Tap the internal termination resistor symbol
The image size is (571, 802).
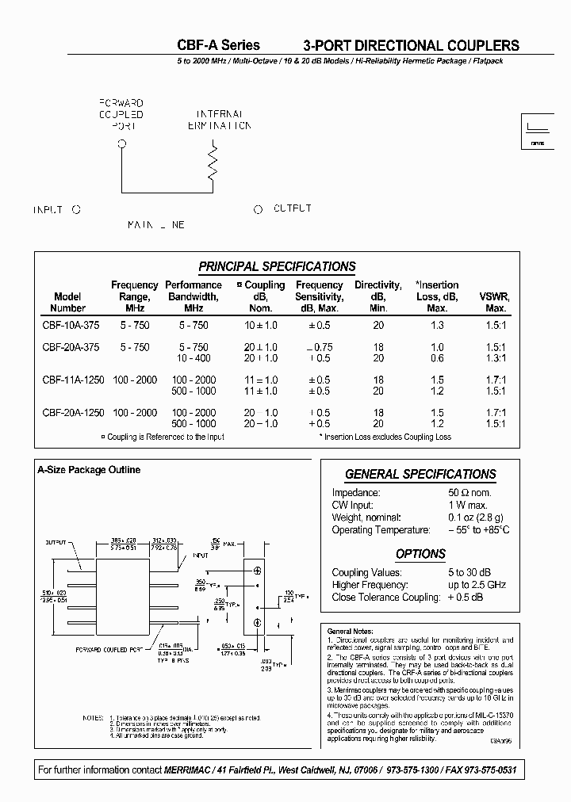212,162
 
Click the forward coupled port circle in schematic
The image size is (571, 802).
121,144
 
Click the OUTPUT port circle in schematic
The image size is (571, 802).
258,210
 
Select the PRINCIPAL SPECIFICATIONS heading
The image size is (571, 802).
277,267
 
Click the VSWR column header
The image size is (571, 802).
495,302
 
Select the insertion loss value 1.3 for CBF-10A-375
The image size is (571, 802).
437,325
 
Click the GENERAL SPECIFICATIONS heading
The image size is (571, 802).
420,475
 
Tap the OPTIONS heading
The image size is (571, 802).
420,554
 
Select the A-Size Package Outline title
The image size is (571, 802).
89,470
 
